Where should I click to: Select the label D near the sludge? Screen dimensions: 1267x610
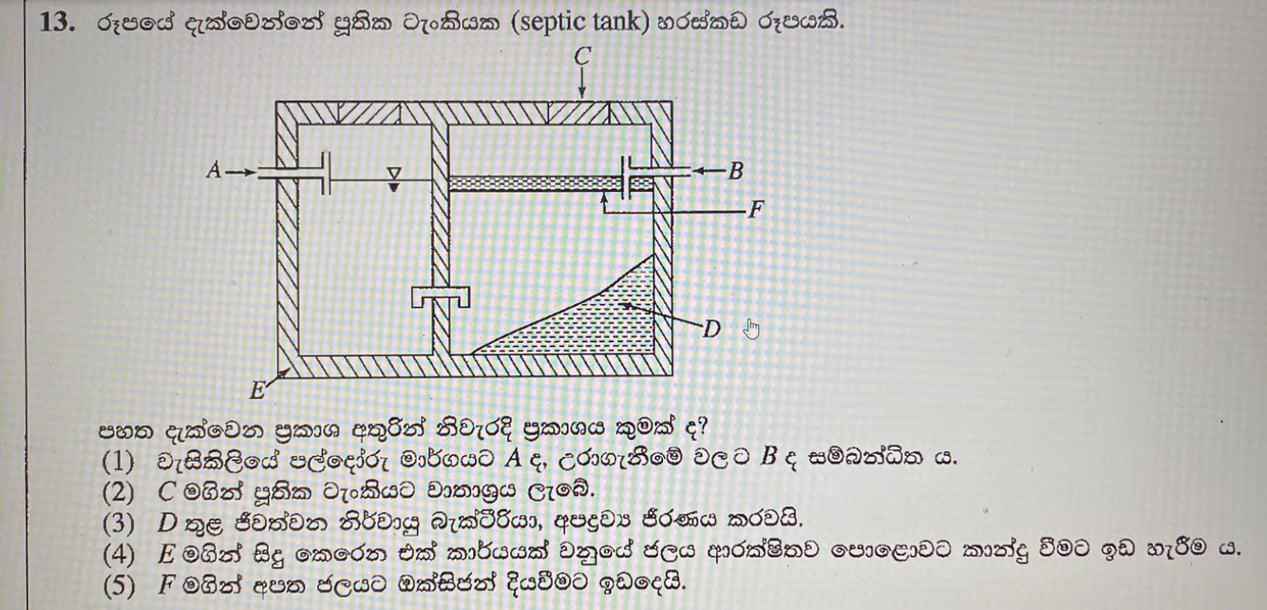tap(711, 330)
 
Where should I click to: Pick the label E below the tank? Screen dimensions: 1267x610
tap(257, 390)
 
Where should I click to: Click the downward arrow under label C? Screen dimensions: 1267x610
tap(582, 85)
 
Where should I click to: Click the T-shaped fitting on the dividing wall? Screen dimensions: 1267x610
tap(440, 297)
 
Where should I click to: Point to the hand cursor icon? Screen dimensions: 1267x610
tap(752, 329)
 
